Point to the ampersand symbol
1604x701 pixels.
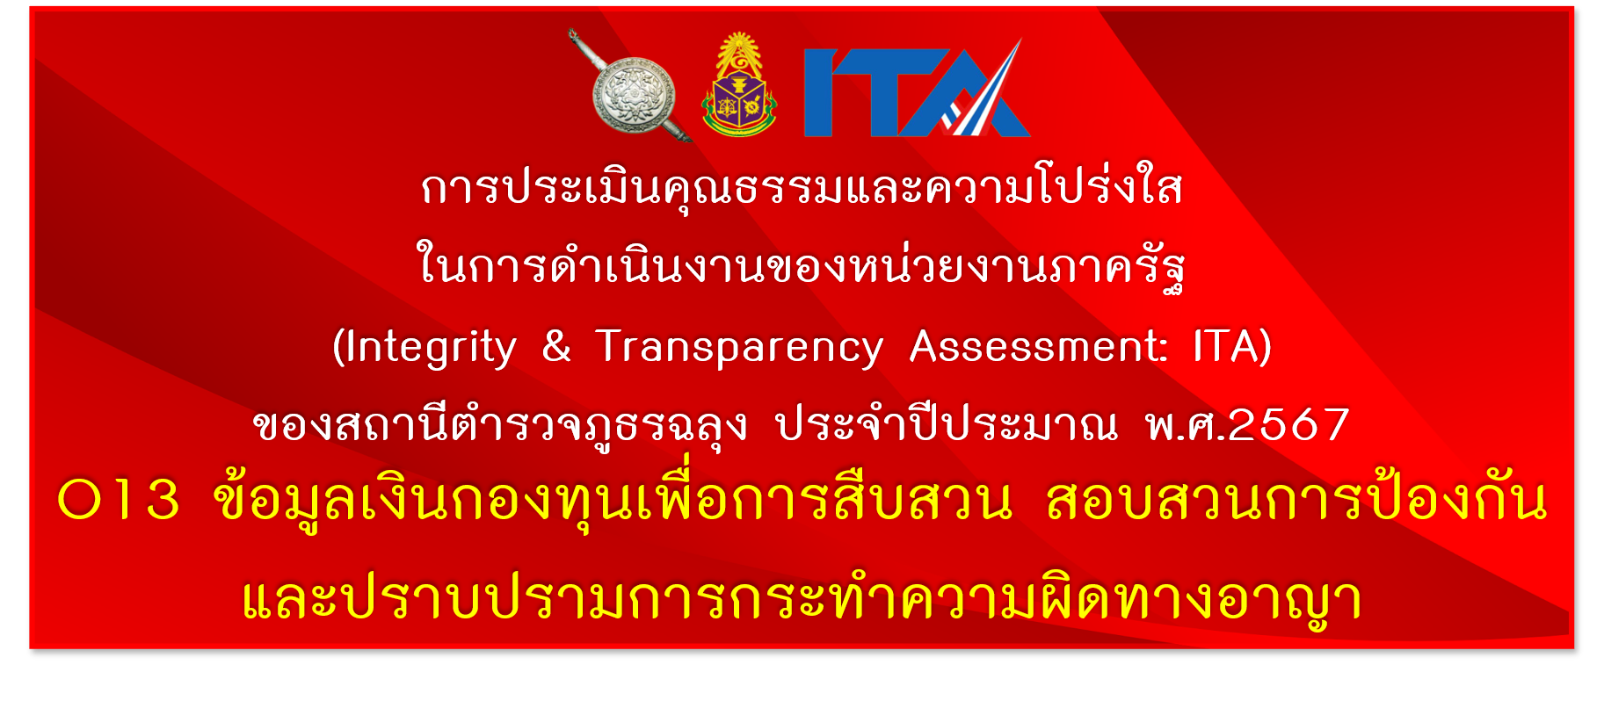[x=556, y=345]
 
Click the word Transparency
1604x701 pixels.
[x=739, y=348]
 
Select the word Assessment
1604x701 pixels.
[x=1038, y=346]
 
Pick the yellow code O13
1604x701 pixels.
[x=119, y=500]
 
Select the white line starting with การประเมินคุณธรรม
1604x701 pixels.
[x=802, y=186]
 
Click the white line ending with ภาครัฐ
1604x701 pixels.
[x=801, y=264]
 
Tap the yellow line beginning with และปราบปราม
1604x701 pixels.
[x=802, y=599]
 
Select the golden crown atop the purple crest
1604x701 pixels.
[x=739, y=53]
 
